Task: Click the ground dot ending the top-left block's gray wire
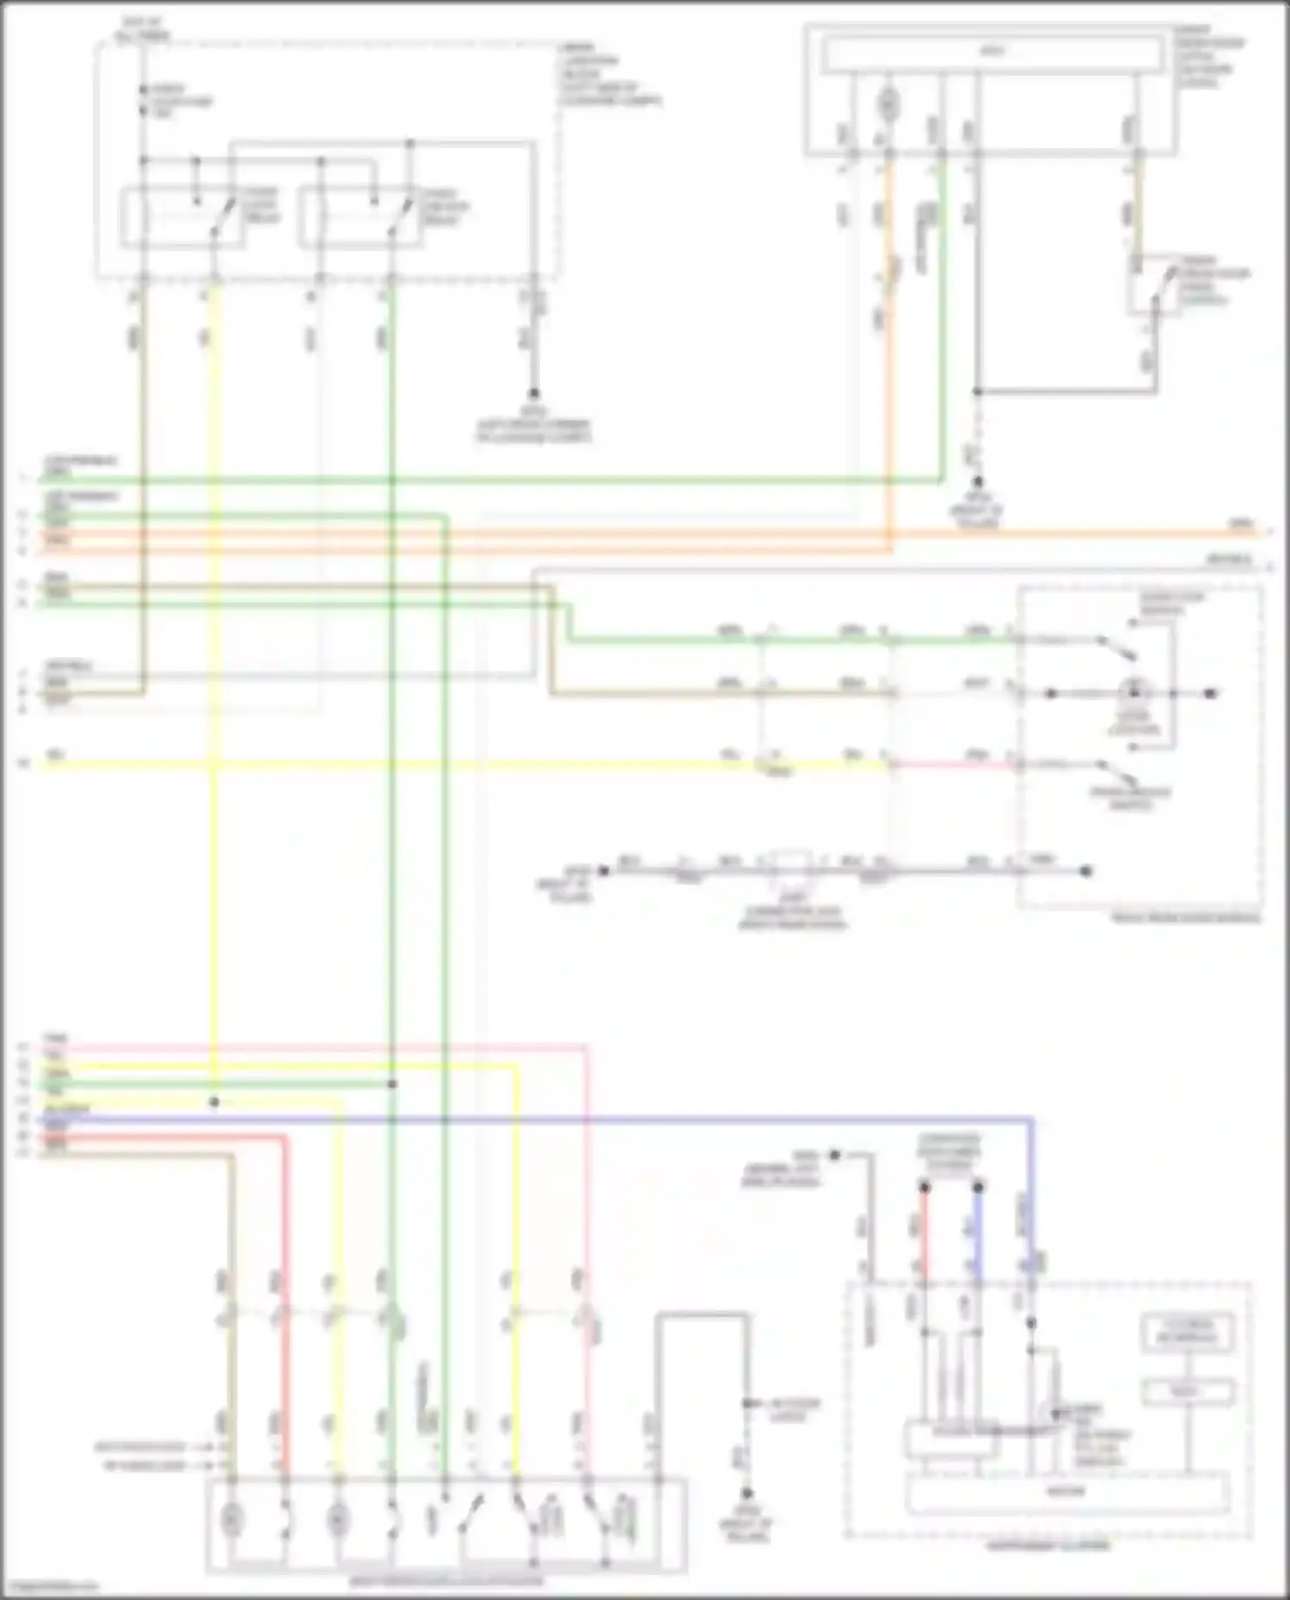pos(533,394)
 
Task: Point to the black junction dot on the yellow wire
pos(214,1102)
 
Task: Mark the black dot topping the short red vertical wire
pos(924,1187)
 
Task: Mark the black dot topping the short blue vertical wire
pos(978,1187)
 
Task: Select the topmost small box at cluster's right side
pos(1187,1333)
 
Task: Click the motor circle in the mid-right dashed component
pos(1134,692)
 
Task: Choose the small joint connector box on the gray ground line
pos(790,864)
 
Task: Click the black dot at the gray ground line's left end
pos(604,871)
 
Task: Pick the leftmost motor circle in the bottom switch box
pos(230,1520)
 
